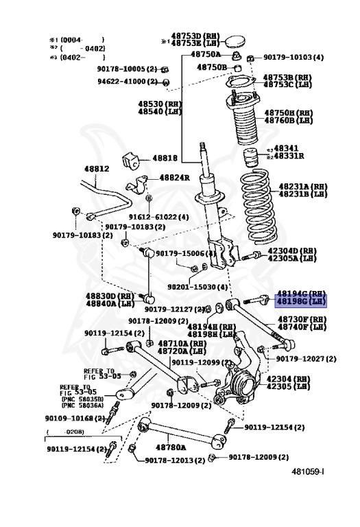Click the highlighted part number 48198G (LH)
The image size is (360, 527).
coord(301,301)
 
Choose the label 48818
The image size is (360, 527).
coord(165,158)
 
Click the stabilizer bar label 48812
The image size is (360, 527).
coord(97,168)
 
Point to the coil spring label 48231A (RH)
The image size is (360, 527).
coord(302,186)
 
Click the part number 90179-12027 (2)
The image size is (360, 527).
coord(306,358)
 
